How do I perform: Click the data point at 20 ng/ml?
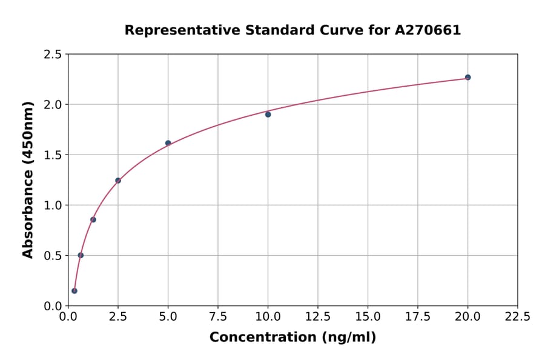(467, 78)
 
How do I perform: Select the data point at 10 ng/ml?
(268, 115)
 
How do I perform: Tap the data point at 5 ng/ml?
(168, 143)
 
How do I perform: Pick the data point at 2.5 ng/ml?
(118, 181)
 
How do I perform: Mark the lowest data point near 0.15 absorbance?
(74, 291)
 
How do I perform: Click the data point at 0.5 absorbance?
(81, 255)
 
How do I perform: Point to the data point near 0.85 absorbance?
(93, 219)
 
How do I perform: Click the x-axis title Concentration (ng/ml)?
(292, 338)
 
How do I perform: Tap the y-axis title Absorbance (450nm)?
(28, 179)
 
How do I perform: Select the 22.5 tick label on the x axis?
(518, 317)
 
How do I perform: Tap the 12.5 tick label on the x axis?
(318, 317)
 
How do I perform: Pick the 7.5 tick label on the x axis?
(218, 317)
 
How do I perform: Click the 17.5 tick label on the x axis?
(418, 317)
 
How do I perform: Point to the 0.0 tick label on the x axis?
(68, 317)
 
